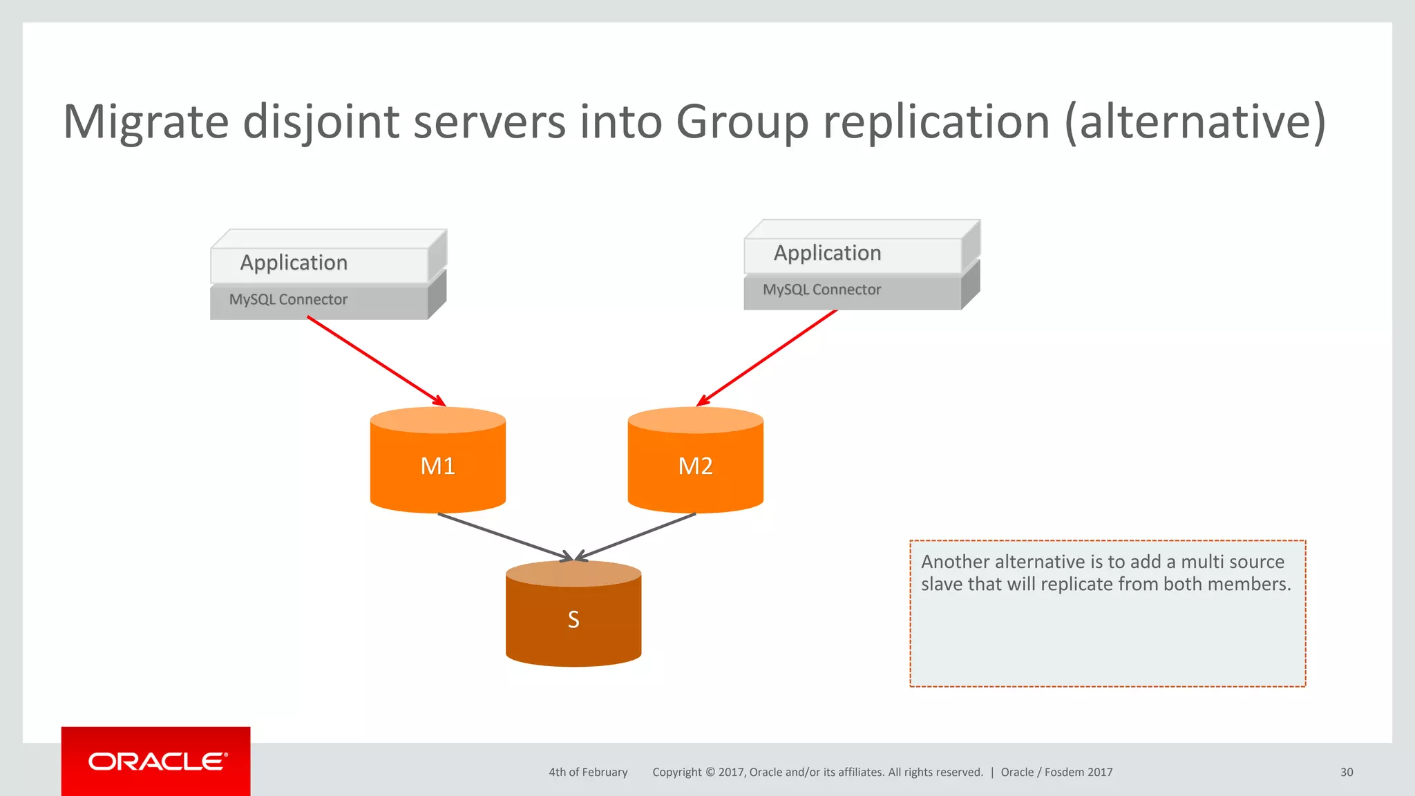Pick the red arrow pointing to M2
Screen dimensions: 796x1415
(767, 358)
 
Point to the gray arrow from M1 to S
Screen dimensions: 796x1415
(504, 536)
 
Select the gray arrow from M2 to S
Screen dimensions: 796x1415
(636, 536)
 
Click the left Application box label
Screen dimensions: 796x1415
(294, 263)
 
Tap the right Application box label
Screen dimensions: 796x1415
(827, 254)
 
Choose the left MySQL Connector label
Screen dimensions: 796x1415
(288, 300)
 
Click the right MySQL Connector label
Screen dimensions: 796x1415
(822, 290)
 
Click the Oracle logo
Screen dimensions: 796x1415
(157, 761)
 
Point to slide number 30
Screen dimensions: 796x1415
(1347, 773)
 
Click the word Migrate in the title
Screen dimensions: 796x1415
(146, 122)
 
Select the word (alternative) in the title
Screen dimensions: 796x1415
(1195, 122)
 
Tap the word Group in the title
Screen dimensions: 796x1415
(741, 122)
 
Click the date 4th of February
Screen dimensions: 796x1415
(588, 773)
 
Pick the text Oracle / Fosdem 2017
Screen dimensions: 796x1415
(1056, 773)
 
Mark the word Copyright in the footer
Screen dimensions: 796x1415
(676, 773)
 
